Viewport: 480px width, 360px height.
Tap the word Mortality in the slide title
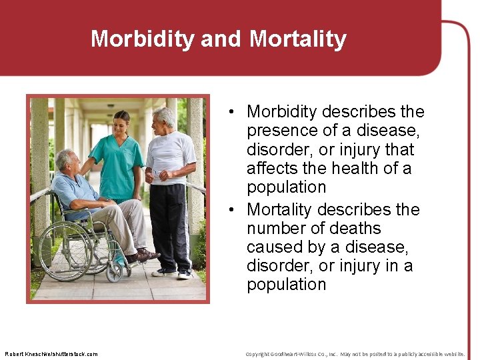point(297,39)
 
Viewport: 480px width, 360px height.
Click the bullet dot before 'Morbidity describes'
point(228,112)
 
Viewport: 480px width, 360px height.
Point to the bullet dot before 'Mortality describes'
point(228,210)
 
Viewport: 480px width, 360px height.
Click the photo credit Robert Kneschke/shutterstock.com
point(51,354)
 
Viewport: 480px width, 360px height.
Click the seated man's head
point(66,161)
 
